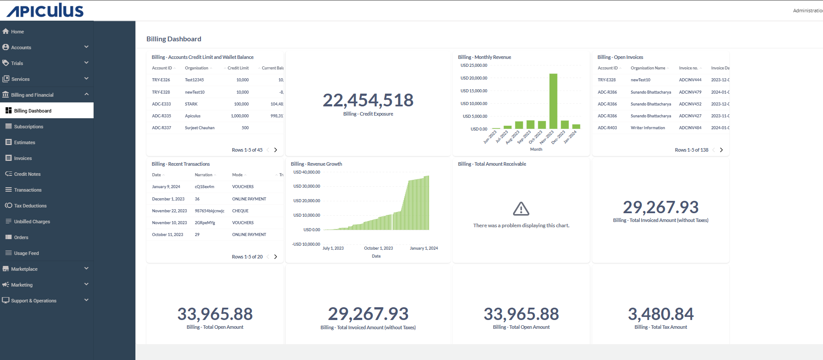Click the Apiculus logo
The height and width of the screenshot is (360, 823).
45,11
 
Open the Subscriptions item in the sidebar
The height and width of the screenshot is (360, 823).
29,127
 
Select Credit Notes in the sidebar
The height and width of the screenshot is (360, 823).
27,174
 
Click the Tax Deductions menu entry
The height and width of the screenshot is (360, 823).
30,206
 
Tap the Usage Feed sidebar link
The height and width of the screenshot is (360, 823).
26,253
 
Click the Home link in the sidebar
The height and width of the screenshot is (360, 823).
18,32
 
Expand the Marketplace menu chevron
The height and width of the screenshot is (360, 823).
86,269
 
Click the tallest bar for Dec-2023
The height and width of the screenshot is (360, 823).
553,101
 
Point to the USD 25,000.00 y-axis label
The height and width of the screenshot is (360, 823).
473,65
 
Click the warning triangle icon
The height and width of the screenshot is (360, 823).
521,209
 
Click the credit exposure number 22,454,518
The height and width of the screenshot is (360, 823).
368,100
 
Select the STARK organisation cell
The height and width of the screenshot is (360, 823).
191,104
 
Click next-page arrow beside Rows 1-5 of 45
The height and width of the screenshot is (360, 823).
276,150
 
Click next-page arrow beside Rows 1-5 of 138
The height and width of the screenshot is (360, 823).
721,150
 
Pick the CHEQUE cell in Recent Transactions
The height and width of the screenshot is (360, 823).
240,211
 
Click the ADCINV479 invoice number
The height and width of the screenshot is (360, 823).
690,92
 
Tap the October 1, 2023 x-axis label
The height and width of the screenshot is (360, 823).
378,248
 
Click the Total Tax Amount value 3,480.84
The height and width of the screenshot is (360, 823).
660,314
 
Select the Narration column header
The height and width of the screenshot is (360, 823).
204,175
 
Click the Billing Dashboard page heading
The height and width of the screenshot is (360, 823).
174,39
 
